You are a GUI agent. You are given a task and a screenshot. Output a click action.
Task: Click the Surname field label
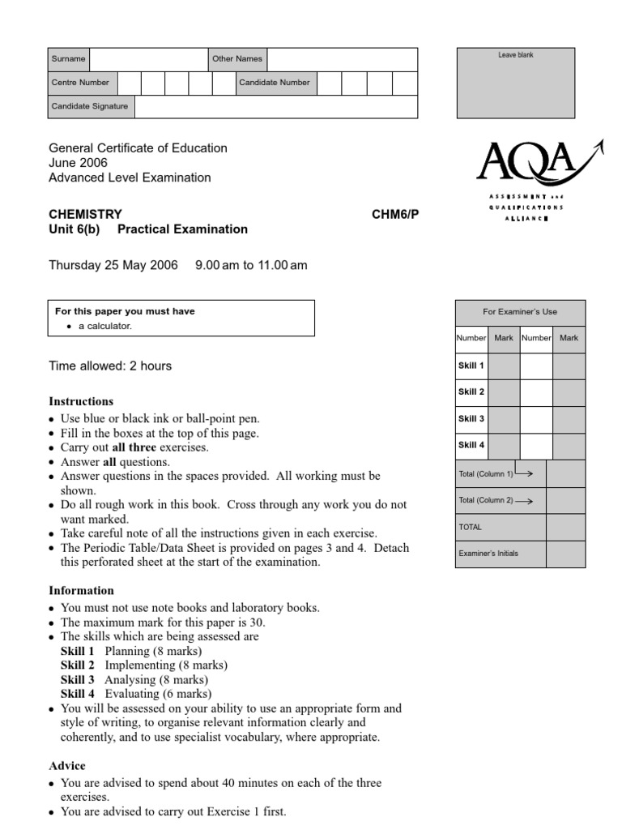(68, 59)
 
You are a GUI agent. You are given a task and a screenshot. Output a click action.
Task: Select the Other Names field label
(236, 59)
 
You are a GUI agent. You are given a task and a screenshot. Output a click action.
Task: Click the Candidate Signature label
(89, 106)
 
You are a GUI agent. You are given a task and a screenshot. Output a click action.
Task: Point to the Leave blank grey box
(515, 83)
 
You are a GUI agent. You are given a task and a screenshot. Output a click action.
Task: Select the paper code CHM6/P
(396, 214)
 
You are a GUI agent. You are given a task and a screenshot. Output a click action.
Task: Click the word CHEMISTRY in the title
(85, 214)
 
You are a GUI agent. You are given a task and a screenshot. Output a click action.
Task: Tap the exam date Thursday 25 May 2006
(113, 265)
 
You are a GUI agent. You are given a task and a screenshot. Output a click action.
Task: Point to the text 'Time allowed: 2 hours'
(110, 366)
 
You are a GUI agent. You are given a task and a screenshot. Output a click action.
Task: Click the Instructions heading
(81, 401)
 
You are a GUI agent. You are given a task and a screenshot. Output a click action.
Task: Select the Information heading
(81, 591)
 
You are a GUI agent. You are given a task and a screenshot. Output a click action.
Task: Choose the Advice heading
(67, 766)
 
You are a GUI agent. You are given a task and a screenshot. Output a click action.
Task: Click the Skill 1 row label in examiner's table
(471, 366)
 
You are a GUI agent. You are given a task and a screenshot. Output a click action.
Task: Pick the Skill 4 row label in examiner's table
(471, 445)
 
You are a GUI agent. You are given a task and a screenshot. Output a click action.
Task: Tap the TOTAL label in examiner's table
(470, 527)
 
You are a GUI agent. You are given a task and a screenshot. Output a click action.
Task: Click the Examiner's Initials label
(488, 554)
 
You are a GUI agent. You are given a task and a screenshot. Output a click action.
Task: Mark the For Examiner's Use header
(519, 311)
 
